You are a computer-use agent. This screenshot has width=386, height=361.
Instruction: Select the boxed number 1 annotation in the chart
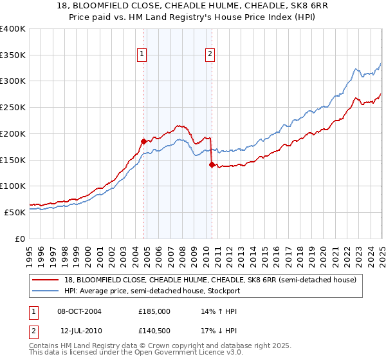(x=141, y=55)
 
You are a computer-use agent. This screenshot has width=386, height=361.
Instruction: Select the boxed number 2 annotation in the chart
(x=210, y=55)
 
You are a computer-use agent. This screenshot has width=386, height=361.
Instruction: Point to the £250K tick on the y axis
(x=13, y=108)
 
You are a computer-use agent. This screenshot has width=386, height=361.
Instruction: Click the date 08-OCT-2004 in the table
(x=79, y=311)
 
